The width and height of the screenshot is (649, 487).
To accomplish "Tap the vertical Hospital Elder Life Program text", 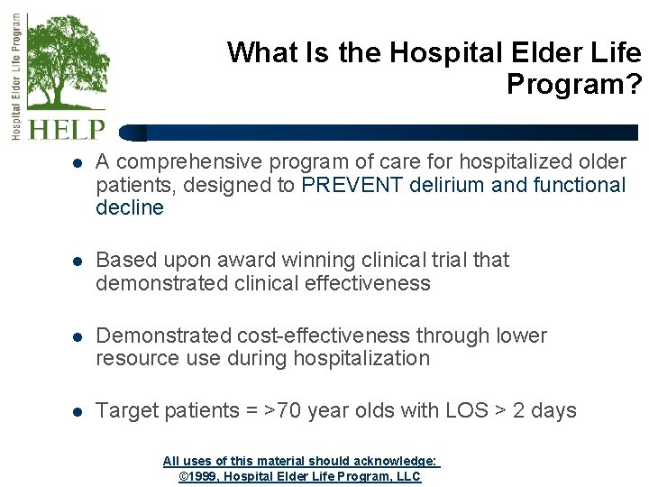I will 15,77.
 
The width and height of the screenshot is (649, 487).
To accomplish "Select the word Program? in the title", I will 574,85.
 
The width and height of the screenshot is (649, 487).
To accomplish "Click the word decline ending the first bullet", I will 130,208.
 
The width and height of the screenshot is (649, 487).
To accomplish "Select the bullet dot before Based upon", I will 78,262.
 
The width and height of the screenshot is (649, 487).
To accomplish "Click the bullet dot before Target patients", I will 78,412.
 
